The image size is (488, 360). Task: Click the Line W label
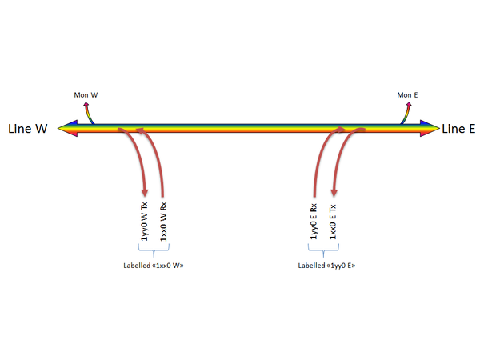[x=28, y=128]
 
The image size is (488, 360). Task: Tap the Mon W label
[x=86, y=95]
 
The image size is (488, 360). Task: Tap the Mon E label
[x=407, y=95]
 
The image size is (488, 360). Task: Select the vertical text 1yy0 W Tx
[x=145, y=222]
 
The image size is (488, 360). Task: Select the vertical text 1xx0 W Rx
[x=164, y=222]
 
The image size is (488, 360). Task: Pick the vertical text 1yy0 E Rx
[x=314, y=222]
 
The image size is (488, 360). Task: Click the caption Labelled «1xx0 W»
[x=154, y=264]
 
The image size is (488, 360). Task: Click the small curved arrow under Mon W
[x=90, y=111]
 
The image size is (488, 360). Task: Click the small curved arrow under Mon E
[x=409, y=111]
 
